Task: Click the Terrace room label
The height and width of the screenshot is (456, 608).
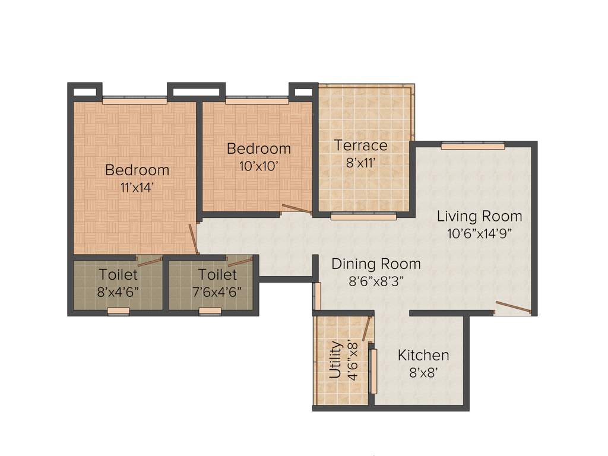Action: [360, 145]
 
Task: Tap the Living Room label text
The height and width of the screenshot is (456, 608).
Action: [480, 216]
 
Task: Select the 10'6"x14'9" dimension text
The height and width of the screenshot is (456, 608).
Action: [480, 233]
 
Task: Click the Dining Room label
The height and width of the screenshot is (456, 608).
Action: [376, 264]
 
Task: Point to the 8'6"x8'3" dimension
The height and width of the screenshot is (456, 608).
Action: [376, 281]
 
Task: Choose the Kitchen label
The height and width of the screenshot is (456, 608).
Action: [423, 355]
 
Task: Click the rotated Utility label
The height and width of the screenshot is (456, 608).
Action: [335, 359]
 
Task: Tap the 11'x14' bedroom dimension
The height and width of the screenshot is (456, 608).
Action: [137, 186]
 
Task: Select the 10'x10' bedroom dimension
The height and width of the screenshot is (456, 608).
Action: [259, 166]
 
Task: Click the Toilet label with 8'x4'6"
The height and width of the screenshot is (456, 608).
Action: [118, 274]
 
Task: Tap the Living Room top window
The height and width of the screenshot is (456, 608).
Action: [473, 145]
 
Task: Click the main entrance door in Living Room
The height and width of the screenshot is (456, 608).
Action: [512, 308]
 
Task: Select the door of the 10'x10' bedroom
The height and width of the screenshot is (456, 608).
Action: [296, 208]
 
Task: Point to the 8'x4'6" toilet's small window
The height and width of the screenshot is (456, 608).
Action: [118, 311]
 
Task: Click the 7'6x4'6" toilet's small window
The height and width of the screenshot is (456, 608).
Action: [210, 311]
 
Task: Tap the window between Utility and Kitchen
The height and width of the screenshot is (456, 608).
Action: [373, 372]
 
